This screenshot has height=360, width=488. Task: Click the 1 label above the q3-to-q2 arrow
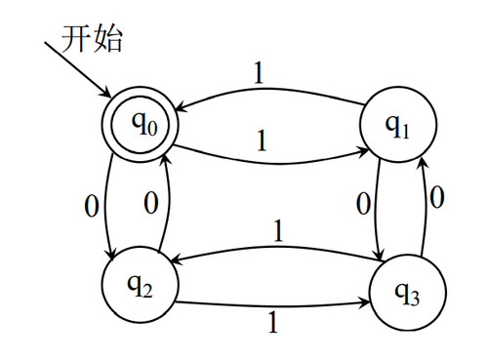[x=278, y=230]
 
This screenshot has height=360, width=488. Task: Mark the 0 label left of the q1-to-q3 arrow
[x=363, y=206]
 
